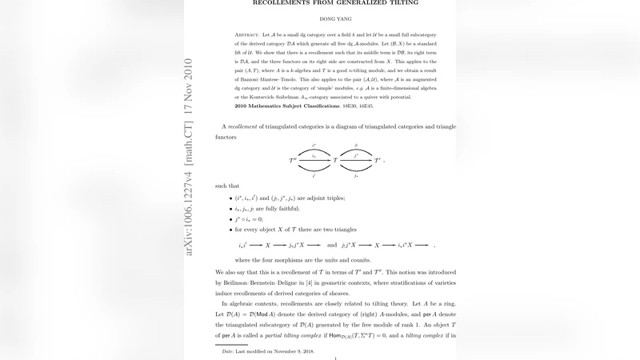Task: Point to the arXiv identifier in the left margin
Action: [190, 157]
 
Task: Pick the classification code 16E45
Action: [367, 106]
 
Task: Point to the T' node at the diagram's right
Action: [378, 161]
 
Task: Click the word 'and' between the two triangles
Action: [332, 244]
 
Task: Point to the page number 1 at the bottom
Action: [335, 358]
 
